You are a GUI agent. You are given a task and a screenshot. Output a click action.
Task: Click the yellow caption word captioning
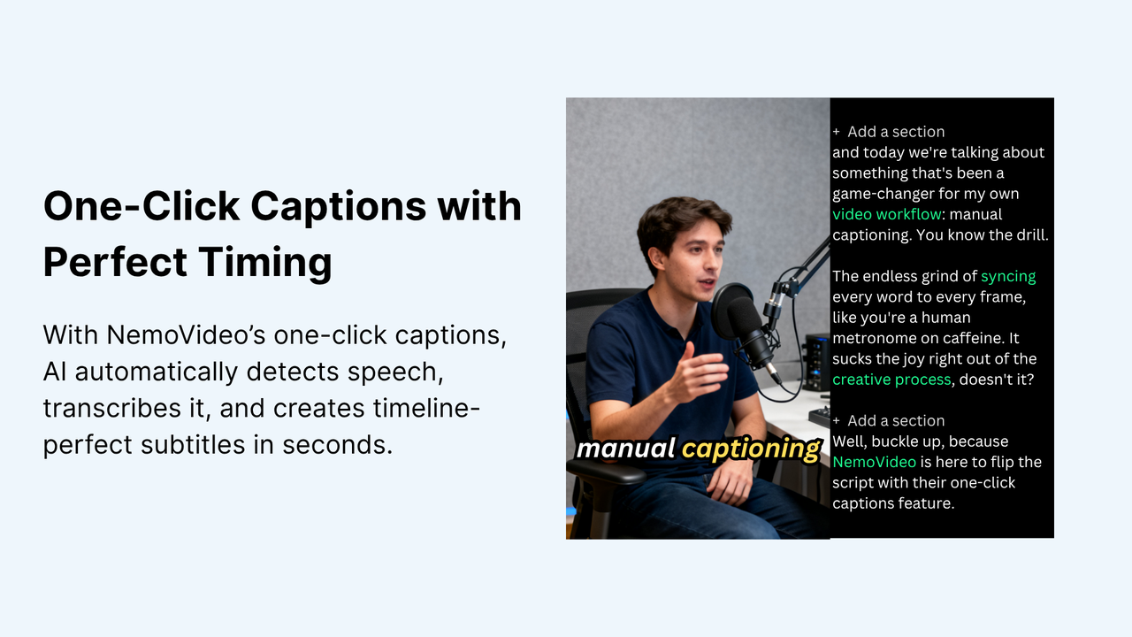click(x=750, y=449)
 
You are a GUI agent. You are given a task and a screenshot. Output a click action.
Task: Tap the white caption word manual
click(x=625, y=449)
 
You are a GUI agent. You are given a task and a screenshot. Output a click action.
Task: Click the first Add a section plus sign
click(x=837, y=132)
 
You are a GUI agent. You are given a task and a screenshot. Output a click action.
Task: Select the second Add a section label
click(x=895, y=420)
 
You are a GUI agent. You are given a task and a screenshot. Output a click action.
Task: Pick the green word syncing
click(x=1008, y=276)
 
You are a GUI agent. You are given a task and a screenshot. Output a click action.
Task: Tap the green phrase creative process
click(x=891, y=380)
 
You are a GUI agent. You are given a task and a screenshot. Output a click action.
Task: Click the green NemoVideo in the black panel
click(x=874, y=462)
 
